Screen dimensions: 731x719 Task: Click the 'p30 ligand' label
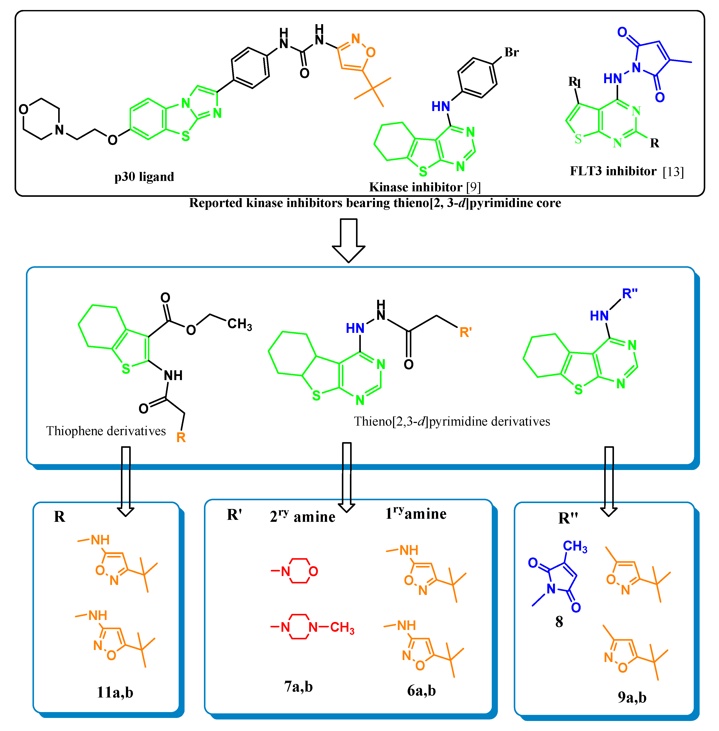coord(144,177)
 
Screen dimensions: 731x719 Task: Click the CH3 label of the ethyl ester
coord(239,324)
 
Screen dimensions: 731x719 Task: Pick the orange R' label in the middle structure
coord(465,332)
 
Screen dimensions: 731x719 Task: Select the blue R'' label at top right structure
coord(629,293)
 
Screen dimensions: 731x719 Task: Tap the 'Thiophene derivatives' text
coord(106,431)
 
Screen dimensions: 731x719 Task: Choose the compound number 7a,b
coord(298,686)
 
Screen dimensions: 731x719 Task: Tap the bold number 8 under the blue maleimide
coord(559,622)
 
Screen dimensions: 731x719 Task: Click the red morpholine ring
coord(300,571)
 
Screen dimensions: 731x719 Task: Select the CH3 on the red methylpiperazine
coord(342,627)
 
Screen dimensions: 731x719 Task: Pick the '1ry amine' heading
coord(416,513)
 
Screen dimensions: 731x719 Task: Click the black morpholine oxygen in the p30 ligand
coord(23,109)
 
